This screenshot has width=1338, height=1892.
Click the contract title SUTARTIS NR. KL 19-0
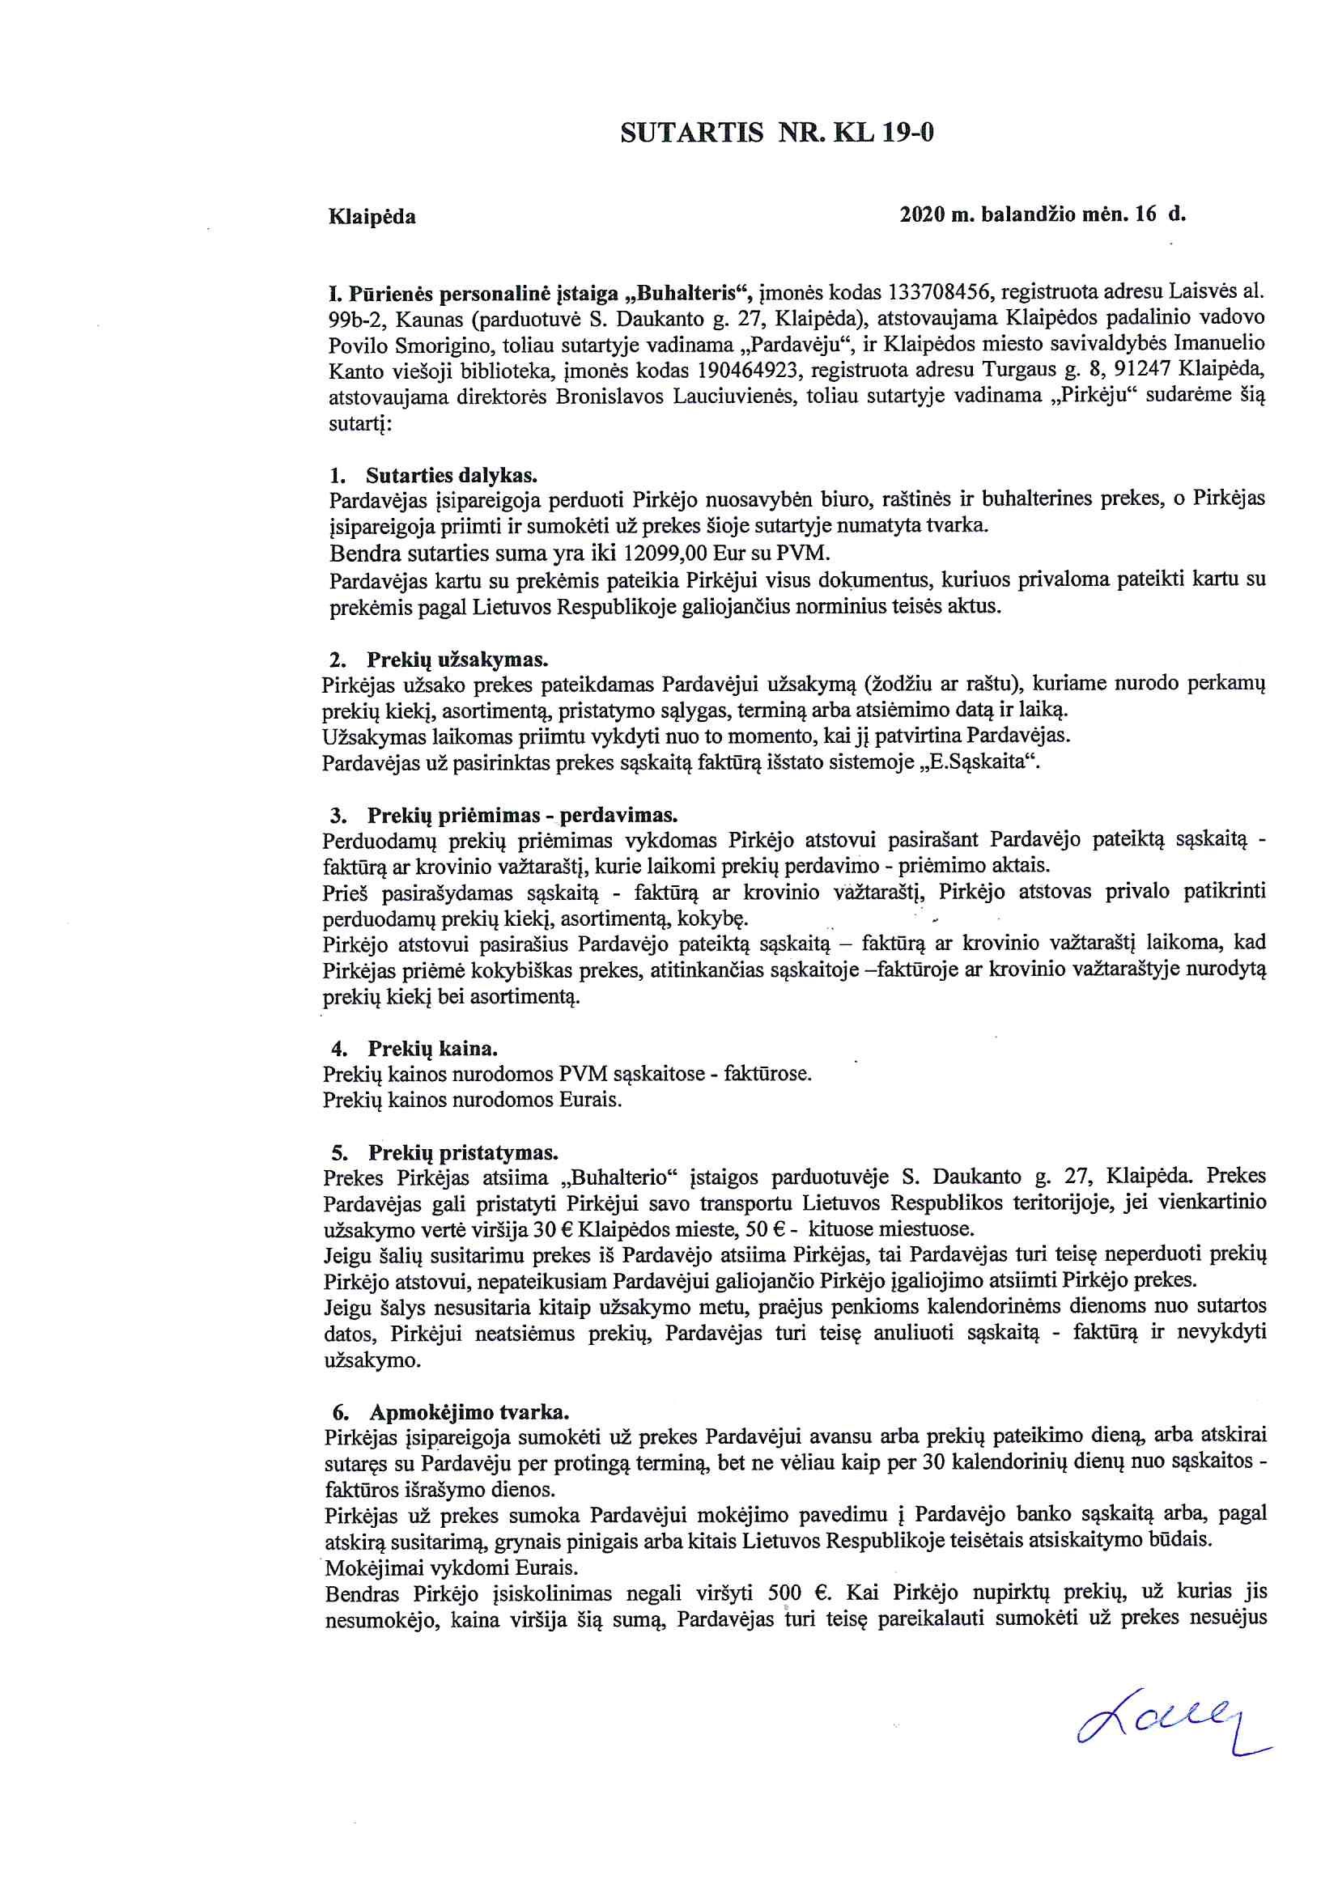click(x=776, y=134)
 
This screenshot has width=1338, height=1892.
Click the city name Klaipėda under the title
click(x=372, y=218)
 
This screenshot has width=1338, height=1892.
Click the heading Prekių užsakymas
click(x=457, y=660)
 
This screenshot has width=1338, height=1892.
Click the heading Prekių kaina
click(x=432, y=1049)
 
